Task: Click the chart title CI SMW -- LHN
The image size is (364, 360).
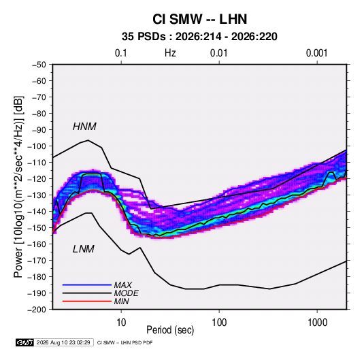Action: click(199, 19)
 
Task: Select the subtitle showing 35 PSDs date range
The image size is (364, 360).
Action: click(199, 37)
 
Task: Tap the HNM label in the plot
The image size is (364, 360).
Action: click(84, 127)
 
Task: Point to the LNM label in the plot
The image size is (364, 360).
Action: click(84, 249)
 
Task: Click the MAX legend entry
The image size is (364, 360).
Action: click(122, 285)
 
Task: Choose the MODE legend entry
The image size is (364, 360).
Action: click(126, 293)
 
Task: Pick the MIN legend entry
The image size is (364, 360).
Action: click(121, 301)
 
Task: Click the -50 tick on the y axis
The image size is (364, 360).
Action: click(39, 65)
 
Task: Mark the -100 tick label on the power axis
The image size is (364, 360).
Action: click(37, 146)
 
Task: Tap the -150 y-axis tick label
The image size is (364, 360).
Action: click(37, 228)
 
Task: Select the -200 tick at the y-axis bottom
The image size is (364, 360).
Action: click(37, 310)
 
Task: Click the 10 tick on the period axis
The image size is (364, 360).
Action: click(121, 323)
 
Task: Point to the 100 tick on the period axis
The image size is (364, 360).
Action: click(219, 323)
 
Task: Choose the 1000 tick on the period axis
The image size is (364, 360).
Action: click(317, 323)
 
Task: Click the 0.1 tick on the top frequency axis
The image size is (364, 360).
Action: click(121, 53)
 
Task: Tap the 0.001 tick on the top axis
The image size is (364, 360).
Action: click(317, 53)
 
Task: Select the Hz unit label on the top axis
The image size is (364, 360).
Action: click(170, 53)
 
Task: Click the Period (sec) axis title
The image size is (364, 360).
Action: click(170, 330)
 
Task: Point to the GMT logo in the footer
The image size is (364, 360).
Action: click(25, 342)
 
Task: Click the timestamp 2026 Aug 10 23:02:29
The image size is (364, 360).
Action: click(63, 342)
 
